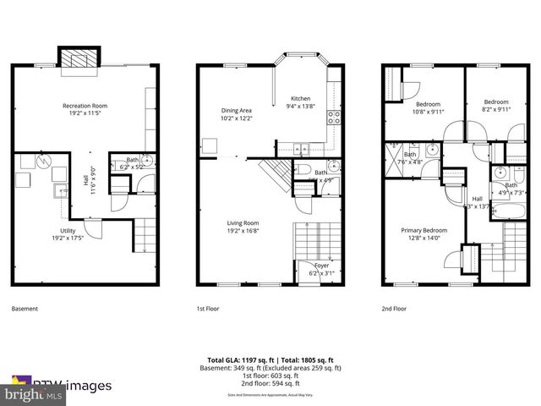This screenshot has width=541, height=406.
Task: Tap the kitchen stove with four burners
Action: [334, 117]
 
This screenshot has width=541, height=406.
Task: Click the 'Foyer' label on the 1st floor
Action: [322, 266]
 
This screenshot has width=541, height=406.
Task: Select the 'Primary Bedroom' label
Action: [424, 230]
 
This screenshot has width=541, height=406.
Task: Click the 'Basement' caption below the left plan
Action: [25, 309]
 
